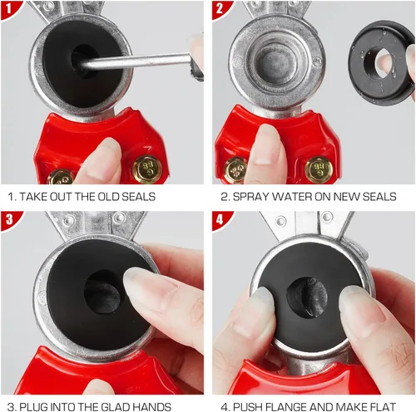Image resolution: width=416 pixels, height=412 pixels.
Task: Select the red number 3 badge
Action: (x=10, y=219)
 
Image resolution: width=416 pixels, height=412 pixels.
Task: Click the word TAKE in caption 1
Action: (x=33, y=197)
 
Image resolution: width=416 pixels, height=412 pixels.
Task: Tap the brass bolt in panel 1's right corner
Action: (x=147, y=169)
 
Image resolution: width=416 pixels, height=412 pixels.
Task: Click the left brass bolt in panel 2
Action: (x=235, y=170)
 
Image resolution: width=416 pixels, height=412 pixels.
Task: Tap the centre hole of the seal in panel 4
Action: (x=307, y=297)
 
